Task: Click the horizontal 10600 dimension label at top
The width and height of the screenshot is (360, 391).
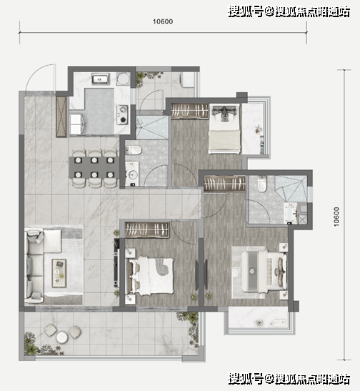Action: coord(163,21)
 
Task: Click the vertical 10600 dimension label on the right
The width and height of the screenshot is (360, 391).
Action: coord(336,217)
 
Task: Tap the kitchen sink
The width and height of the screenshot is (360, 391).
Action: coord(100,79)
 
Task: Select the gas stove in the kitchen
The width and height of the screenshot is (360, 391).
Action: coord(123,114)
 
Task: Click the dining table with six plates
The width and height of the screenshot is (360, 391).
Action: coord(94,167)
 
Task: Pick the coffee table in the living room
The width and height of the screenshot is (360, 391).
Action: coord(59,273)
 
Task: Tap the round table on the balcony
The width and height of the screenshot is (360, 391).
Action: coord(62,337)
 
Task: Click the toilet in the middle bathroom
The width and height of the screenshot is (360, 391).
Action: coord(134,150)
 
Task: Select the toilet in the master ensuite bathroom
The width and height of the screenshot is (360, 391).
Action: coord(261,184)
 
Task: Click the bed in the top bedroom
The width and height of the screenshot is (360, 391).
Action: coord(224,129)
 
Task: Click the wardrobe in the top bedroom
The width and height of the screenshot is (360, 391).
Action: coord(189,111)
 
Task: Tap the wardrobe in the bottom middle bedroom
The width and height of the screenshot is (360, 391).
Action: coord(146,229)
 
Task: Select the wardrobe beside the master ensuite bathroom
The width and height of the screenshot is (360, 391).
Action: coord(225,184)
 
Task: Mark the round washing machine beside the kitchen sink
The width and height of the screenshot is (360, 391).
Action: coord(124,79)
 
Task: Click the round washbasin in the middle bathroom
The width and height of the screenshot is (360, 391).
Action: coord(134,174)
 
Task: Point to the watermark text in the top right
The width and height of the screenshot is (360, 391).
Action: coord(289,11)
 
